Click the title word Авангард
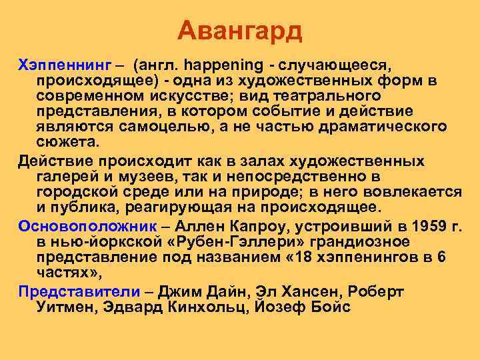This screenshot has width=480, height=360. (240, 31)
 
